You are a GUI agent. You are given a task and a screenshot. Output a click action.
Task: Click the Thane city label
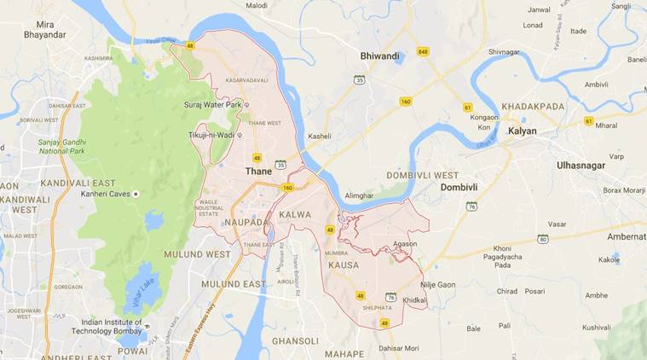[x=258, y=171]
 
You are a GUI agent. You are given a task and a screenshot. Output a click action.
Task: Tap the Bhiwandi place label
[x=379, y=56]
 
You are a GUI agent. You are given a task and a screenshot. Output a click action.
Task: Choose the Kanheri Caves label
[x=101, y=194]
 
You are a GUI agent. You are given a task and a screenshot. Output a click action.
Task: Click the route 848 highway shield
[x=423, y=52]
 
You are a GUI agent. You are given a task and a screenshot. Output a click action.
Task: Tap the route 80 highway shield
[x=542, y=239]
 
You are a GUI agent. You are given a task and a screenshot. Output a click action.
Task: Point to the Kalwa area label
[x=296, y=214]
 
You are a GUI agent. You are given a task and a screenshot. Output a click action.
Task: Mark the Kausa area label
[x=343, y=264]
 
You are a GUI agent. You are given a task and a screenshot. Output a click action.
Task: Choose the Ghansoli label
[x=295, y=340]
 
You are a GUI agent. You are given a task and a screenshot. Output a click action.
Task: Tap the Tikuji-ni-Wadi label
[x=213, y=135]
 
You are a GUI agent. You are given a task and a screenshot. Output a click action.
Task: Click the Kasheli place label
[x=320, y=136]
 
